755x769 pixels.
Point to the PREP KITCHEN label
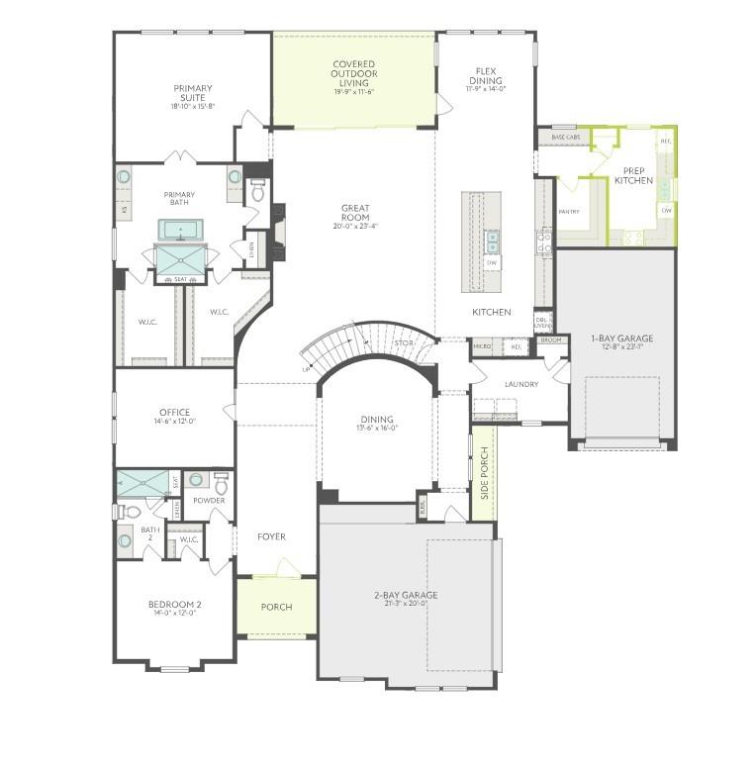(633, 175)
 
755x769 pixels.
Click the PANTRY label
(569, 211)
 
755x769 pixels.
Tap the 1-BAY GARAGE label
(621, 338)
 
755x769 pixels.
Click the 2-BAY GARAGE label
(406, 595)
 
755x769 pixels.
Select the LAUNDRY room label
(520, 384)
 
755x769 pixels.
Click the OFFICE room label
(174, 413)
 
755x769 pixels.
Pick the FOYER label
(271, 536)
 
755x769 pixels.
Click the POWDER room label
(209, 501)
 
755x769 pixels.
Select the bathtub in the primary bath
(180, 231)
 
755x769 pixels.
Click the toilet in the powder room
(223, 484)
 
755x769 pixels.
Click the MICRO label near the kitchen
(482, 346)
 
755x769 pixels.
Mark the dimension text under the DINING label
(376, 430)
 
